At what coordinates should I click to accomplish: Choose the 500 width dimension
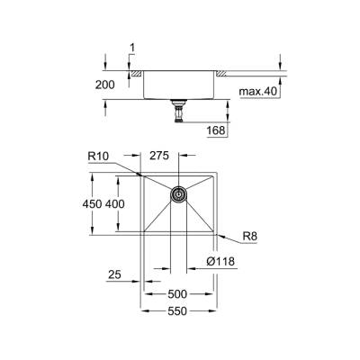click(x=176, y=294)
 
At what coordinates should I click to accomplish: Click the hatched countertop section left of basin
click(x=134, y=71)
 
